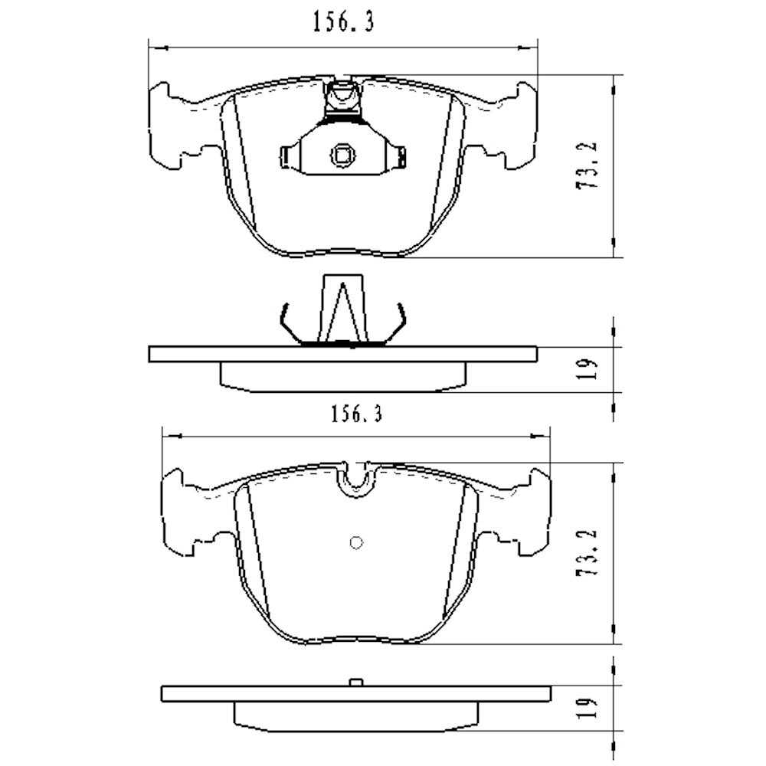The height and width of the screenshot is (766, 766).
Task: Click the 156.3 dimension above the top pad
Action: (342, 24)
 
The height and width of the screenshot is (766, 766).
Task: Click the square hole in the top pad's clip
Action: (342, 155)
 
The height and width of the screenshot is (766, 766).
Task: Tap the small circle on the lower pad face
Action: (355, 542)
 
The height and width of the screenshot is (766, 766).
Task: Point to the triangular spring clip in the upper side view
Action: (342, 310)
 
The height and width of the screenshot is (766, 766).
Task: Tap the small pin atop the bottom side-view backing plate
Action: (355, 682)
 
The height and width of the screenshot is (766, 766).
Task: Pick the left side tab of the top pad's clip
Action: (286, 156)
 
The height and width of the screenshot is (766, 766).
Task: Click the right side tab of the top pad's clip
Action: (398, 156)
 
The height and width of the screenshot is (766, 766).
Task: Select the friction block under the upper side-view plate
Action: (342, 376)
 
